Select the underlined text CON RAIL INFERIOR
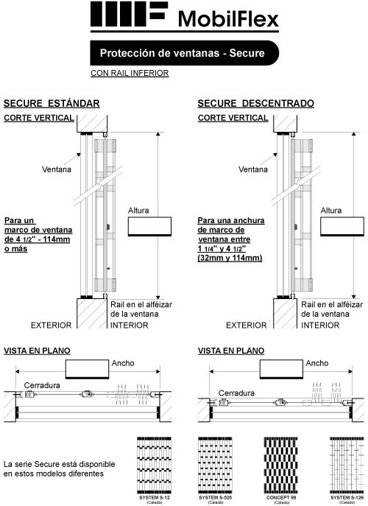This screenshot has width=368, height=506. pos(130,73)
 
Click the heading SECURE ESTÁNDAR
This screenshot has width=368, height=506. pos(52,103)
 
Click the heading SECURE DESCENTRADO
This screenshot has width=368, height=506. pos(256,103)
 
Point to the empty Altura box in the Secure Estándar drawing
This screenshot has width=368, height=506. pos(150,225)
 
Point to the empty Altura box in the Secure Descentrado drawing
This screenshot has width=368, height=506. pos(343,225)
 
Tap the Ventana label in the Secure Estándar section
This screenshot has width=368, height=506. pos(57,169)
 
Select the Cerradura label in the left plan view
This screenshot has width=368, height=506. pos(42,385)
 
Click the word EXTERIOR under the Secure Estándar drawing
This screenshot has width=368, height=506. pos(51,325)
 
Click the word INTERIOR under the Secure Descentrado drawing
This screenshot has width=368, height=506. pos(326,325)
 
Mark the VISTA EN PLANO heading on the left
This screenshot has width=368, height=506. pos(36,351)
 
